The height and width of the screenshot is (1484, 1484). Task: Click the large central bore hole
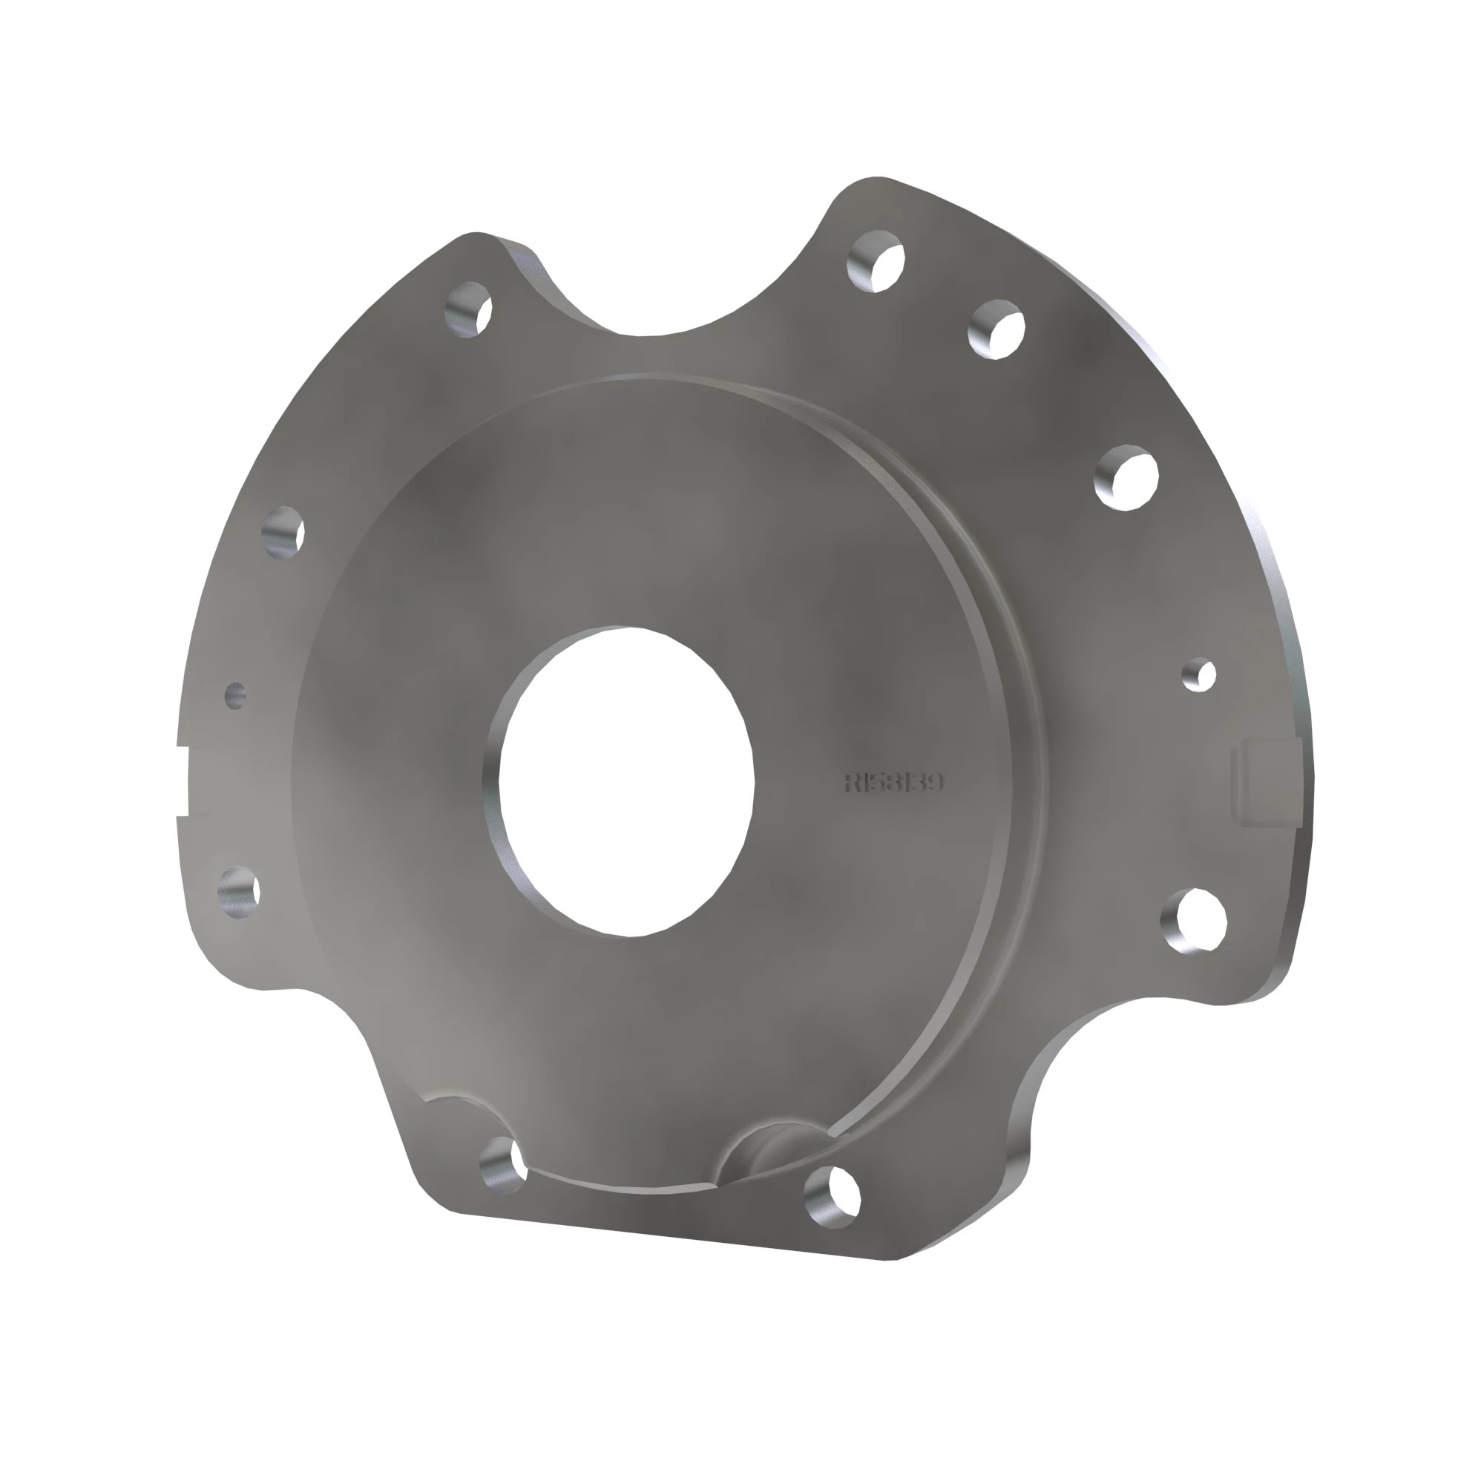tap(624, 782)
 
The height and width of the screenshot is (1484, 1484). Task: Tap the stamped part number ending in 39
tap(893, 784)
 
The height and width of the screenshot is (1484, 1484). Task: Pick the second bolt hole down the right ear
tap(997, 329)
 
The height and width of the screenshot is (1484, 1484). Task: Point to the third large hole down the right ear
tap(1127, 476)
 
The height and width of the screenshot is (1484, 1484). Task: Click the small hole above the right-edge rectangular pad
tap(1199, 674)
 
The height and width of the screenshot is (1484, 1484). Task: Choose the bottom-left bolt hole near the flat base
tap(503, 1164)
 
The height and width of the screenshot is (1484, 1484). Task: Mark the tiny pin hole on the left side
tap(235, 695)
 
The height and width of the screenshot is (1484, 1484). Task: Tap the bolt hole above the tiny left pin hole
tap(283, 531)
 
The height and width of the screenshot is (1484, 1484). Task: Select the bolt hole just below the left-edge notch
tap(239, 891)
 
